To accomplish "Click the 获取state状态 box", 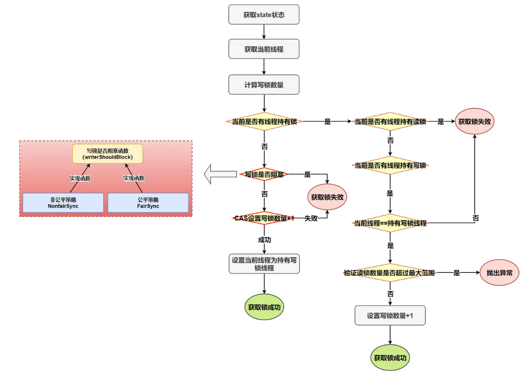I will pos(264,15).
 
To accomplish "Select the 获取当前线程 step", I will pos(264,49).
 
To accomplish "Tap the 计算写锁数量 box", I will pos(264,85).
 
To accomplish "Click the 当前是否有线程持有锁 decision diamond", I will pos(264,122).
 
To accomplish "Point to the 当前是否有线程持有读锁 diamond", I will pos(390,122).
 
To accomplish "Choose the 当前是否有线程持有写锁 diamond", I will pos(390,165).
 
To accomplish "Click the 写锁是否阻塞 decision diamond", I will pos(264,174).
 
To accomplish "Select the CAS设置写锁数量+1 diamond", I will pos(264,218).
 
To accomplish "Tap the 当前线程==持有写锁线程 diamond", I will pos(390,223).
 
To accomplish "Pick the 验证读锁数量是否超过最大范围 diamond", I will pos(390,273).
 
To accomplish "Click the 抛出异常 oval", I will pos(499,272).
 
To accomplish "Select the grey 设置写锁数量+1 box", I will pos(390,316).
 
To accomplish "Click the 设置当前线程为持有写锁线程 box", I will pos(264,264).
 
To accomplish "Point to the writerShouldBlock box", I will pos(107,153).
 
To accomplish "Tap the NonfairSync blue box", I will pos(63,202).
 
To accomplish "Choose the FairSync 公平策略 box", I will pos(148,202).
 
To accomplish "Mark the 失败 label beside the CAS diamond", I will pos(311,219).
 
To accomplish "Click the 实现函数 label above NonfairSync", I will pos(80,178).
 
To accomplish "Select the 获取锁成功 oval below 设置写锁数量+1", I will pos(390,358).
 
